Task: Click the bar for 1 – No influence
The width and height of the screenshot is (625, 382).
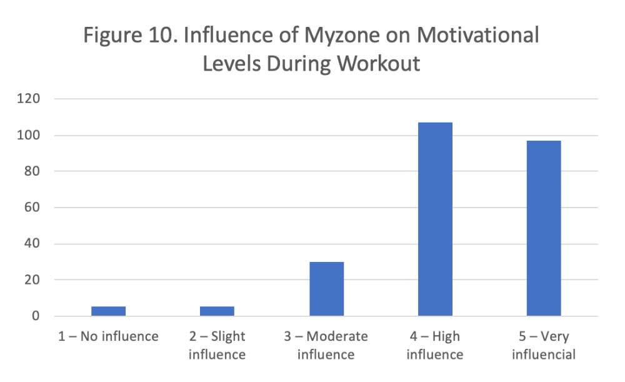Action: click(108, 311)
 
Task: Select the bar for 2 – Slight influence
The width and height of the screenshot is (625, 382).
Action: click(217, 311)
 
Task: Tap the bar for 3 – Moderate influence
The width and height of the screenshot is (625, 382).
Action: click(326, 289)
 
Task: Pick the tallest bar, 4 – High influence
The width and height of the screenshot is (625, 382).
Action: click(435, 219)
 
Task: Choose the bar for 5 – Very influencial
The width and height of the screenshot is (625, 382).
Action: click(544, 228)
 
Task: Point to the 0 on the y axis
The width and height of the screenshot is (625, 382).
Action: click(36, 316)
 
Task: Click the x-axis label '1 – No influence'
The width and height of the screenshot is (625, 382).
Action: click(108, 336)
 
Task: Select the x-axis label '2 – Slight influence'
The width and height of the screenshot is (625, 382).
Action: click(217, 345)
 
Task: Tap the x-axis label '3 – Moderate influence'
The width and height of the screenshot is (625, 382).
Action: click(326, 345)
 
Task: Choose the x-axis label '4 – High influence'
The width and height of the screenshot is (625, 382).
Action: click(435, 345)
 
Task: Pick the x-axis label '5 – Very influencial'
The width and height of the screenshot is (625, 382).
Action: click(544, 345)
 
